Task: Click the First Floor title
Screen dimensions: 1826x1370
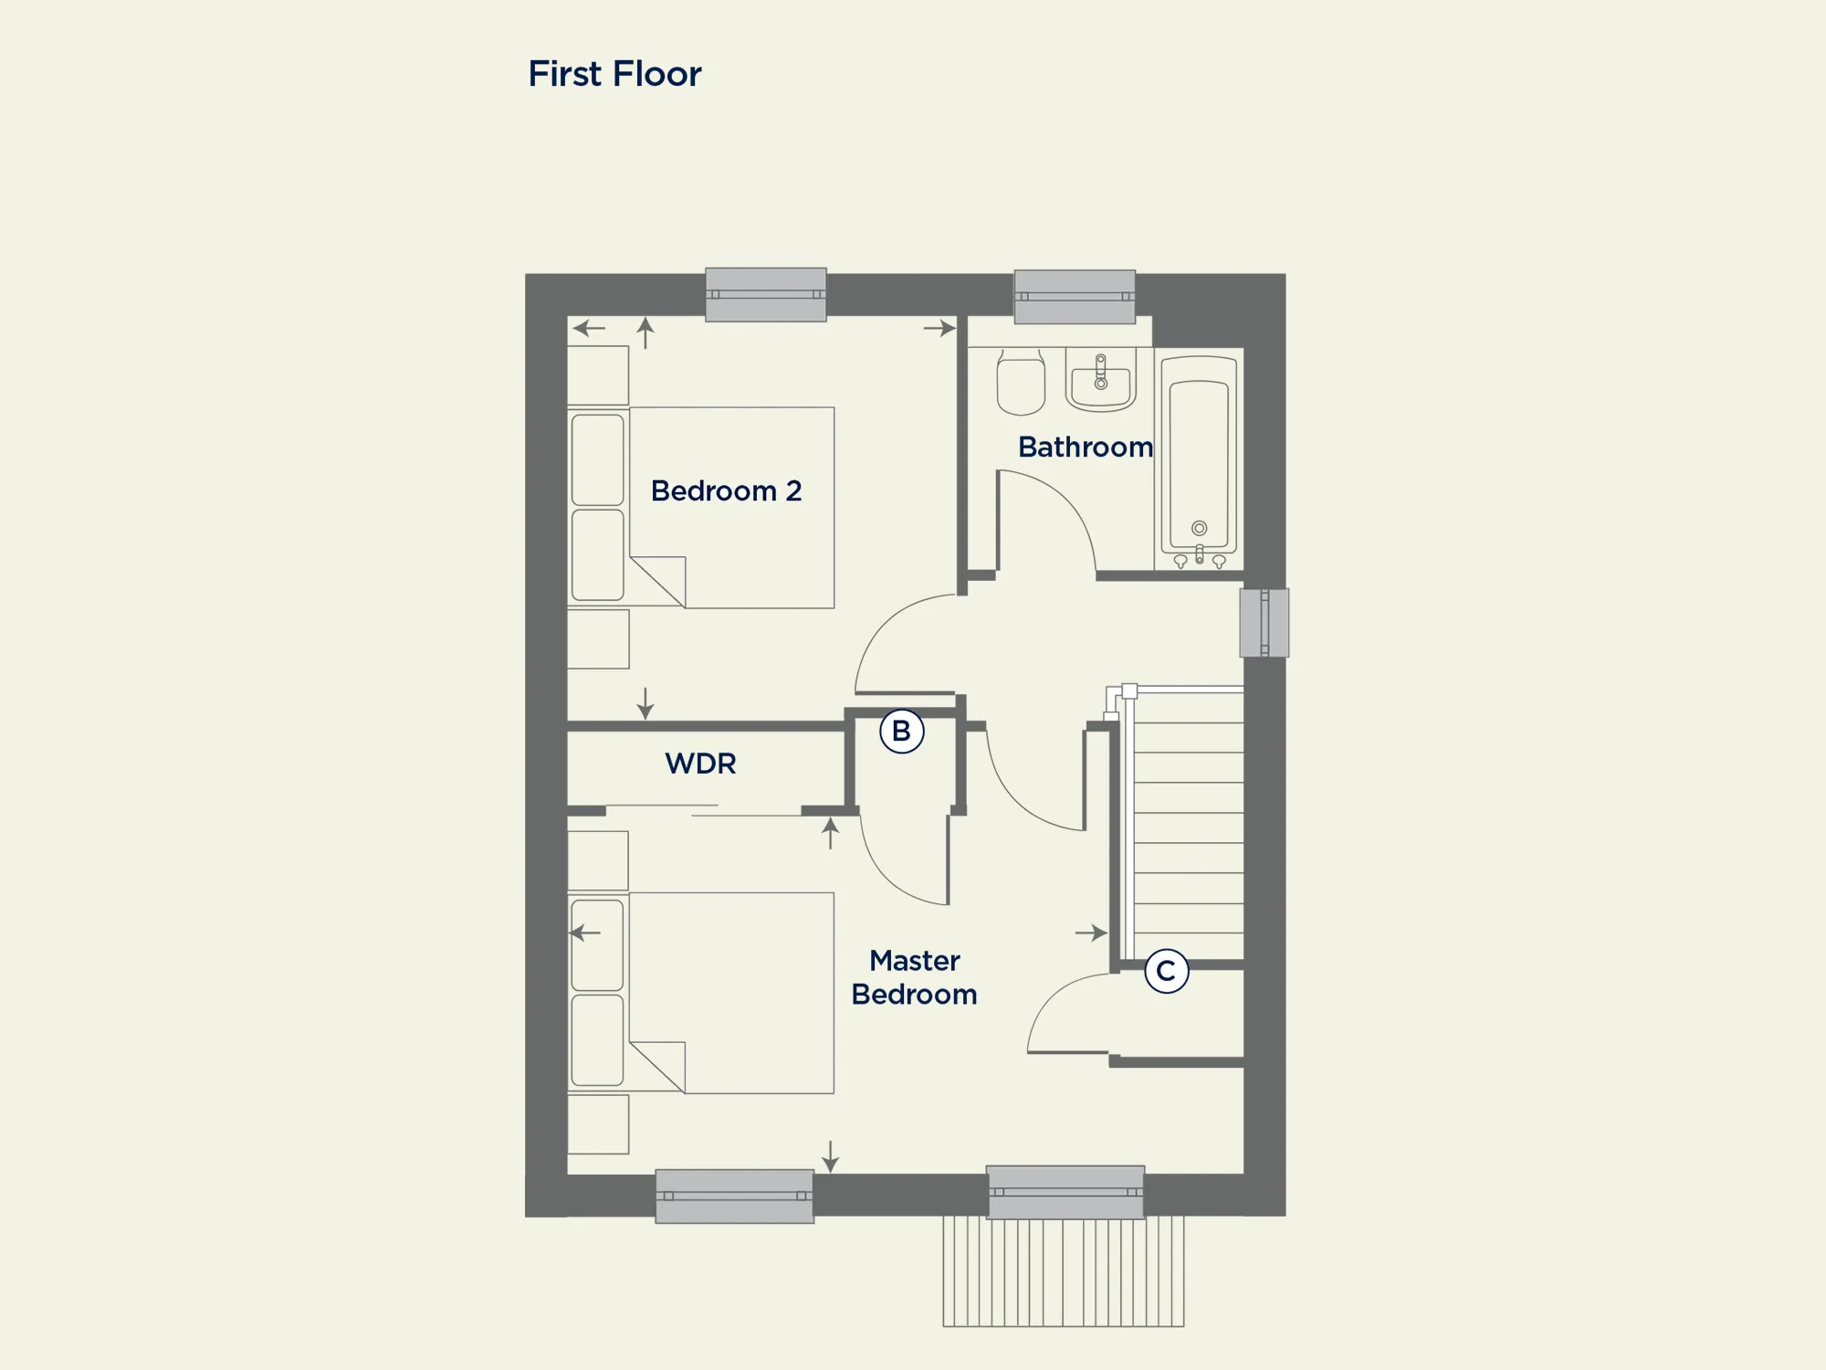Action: tap(614, 74)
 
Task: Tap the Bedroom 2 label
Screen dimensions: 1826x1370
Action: tap(726, 490)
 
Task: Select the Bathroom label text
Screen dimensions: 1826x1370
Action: tap(1086, 447)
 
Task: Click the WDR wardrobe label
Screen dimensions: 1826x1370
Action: tap(700, 764)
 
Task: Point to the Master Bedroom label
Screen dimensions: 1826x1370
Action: tap(914, 977)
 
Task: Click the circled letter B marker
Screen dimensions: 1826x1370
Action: tap(901, 731)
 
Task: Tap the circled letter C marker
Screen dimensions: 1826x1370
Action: tap(1166, 970)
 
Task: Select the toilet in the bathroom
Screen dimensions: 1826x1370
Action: tap(1021, 382)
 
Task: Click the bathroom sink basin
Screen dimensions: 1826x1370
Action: tap(1100, 379)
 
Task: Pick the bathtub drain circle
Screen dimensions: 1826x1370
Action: tap(1200, 528)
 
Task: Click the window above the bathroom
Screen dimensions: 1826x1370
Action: tap(1075, 297)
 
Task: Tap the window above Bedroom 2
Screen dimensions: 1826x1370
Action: tap(766, 294)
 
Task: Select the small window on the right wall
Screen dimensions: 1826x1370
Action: tap(1265, 623)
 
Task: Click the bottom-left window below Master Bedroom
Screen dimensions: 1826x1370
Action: tap(734, 1196)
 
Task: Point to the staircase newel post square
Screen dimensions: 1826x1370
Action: tap(1129, 691)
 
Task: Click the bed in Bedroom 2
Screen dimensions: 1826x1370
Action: tap(701, 508)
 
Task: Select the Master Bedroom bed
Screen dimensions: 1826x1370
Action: tap(701, 993)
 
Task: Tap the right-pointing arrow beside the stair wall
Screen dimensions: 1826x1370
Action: tap(1091, 933)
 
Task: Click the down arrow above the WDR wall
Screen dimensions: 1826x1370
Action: tap(645, 703)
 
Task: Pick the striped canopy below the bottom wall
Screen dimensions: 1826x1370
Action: tap(1064, 1271)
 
